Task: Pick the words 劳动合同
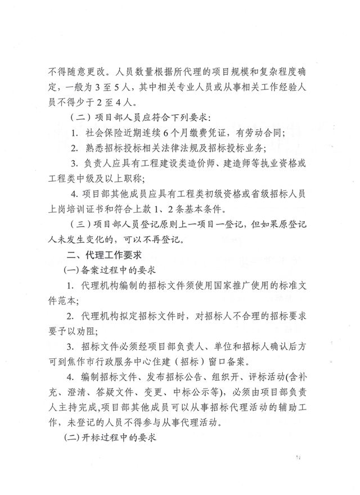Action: click(266, 133)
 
